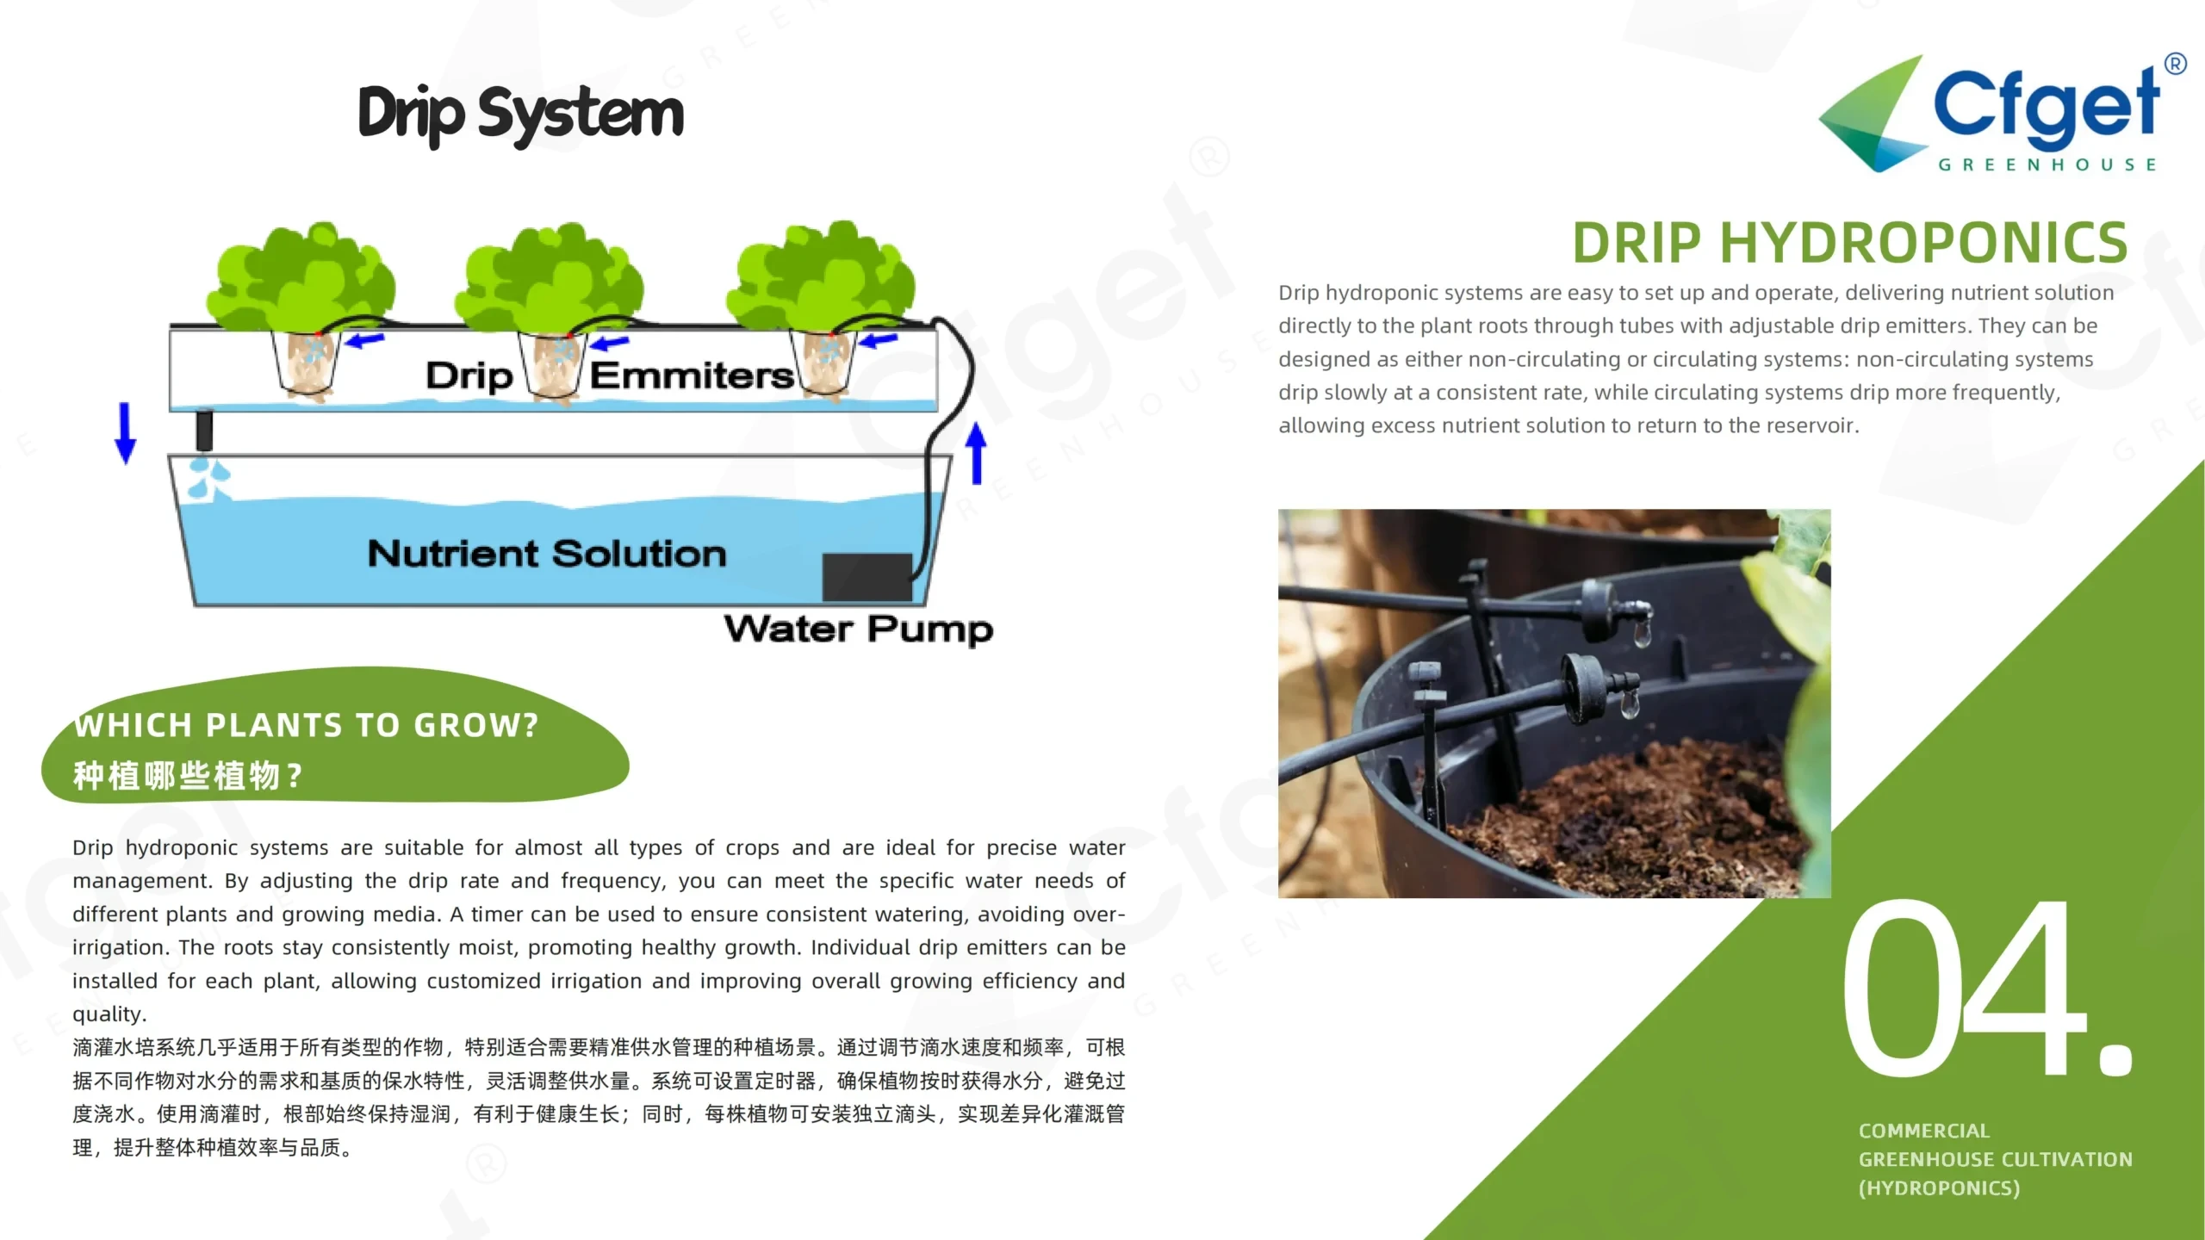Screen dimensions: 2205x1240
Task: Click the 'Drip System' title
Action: click(x=521, y=115)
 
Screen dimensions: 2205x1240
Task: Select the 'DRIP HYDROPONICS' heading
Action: click(x=1850, y=243)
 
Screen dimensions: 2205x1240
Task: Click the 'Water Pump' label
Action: click(x=859, y=629)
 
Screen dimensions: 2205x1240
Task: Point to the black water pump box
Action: click(x=867, y=577)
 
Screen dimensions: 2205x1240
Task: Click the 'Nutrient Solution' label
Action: click(x=547, y=554)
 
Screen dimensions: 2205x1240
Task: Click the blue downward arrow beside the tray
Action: click(x=126, y=433)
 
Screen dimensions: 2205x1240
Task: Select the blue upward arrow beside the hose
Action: click(x=976, y=453)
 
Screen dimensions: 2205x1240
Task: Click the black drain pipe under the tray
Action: click(x=204, y=430)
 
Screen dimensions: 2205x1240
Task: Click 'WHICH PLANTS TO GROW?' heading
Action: click(x=306, y=725)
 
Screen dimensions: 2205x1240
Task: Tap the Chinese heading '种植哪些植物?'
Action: click(x=188, y=776)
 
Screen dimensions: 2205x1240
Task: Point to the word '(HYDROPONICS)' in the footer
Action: click(x=1939, y=1188)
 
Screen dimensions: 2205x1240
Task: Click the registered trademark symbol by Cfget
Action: click(x=2175, y=64)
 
